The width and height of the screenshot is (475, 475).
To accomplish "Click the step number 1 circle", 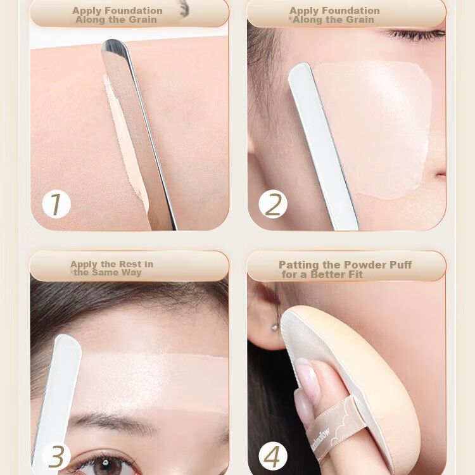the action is [x=56, y=204].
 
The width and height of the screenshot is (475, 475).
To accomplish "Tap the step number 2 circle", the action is [x=273, y=204].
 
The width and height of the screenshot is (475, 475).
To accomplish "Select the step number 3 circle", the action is [x=56, y=457].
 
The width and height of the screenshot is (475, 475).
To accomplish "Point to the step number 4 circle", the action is [x=273, y=457].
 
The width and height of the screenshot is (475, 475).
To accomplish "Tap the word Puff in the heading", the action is [x=400, y=265].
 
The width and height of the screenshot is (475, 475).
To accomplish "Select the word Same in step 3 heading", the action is [x=105, y=272].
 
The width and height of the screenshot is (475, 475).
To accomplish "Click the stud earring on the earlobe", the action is [x=275, y=327].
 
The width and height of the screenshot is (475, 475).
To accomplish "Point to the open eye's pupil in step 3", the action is [x=104, y=462].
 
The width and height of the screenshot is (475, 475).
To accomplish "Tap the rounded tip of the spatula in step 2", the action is [x=300, y=69].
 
